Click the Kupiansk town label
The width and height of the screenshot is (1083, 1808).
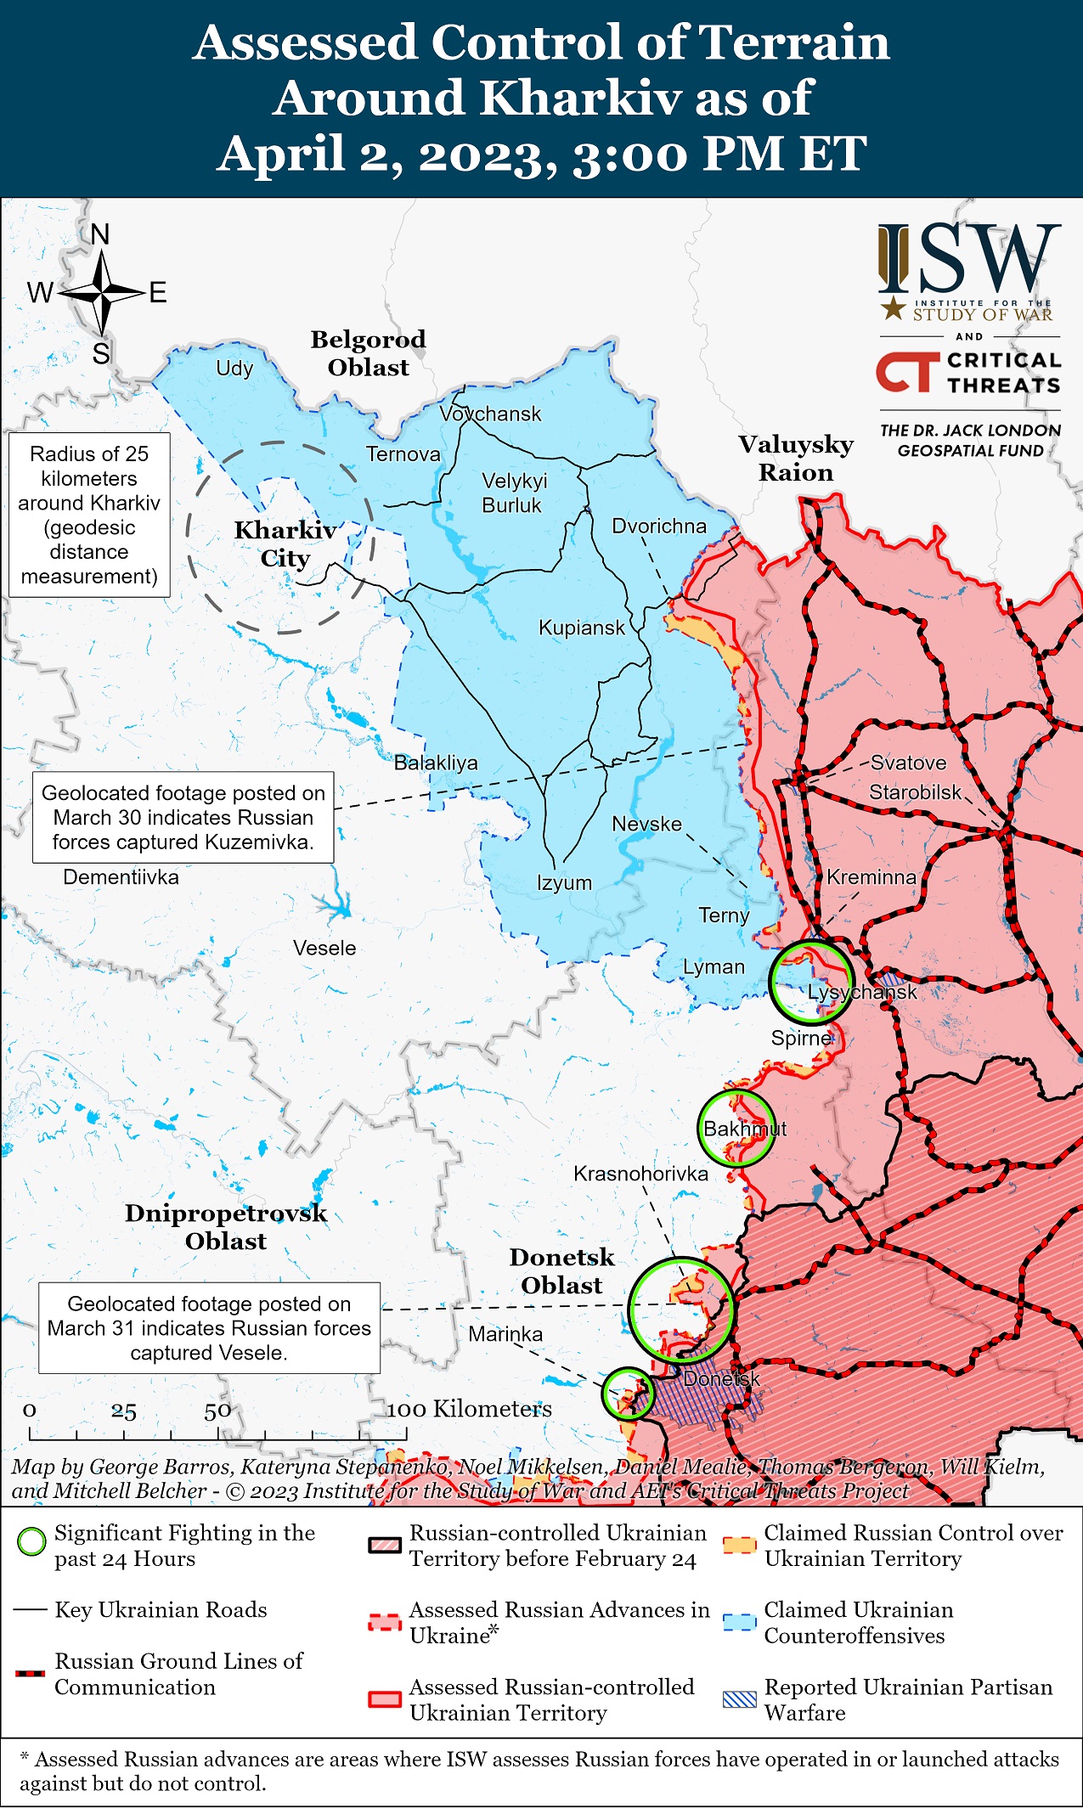pos(581,628)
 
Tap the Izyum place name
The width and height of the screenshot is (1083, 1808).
pos(564,882)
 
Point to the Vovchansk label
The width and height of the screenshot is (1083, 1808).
pos(490,414)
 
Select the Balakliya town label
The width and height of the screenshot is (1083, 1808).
pos(436,763)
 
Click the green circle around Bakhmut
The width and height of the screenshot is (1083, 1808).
pos(736,1129)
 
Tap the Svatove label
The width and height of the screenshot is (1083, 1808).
pos(908,763)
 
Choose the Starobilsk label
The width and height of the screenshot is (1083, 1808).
pos(915,792)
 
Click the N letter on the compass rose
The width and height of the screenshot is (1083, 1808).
pos(100,234)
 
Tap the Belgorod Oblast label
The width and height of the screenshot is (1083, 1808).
pos(368,353)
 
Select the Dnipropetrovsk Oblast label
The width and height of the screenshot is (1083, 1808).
pos(226,1226)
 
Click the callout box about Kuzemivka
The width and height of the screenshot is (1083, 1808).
pos(183,817)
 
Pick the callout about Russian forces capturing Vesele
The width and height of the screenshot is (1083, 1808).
pos(209,1327)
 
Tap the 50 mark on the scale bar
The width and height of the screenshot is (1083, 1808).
pos(217,1411)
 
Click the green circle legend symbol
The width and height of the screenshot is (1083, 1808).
pos(32,1541)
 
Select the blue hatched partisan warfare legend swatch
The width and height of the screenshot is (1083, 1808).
pos(739,1699)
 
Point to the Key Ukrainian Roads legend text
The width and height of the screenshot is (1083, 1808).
pos(161,1609)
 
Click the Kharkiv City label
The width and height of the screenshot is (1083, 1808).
pos(285,544)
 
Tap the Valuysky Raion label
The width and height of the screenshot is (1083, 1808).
pos(796,458)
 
